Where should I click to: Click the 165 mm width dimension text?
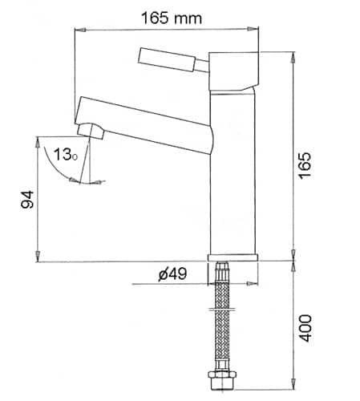[x=171, y=18]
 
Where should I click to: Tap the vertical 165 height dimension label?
[x=305, y=166]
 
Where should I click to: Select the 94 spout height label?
[x=27, y=199]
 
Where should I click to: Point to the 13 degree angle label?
[x=65, y=155]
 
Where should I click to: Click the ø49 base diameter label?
[x=172, y=274]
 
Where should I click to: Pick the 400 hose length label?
[x=305, y=328]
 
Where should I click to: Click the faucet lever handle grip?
[x=168, y=59]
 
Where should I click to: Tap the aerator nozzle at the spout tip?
[x=91, y=131]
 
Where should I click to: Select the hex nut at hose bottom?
[x=222, y=380]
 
